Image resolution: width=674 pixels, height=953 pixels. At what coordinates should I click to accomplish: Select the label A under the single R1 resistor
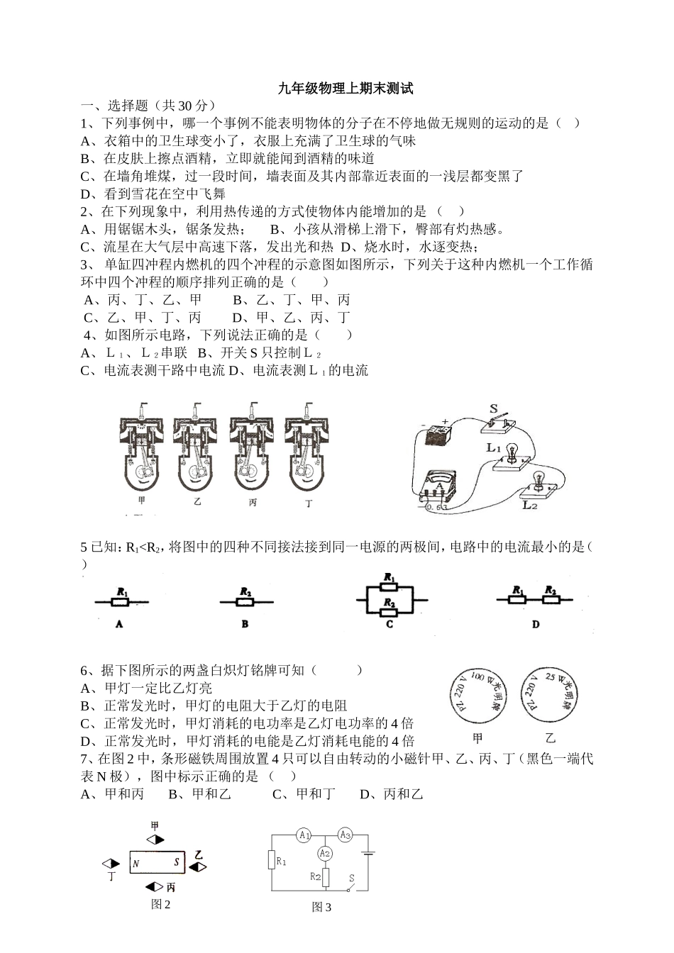click(x=119, y=624)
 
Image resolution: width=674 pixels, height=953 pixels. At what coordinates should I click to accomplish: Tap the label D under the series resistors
click(x=536, y=624)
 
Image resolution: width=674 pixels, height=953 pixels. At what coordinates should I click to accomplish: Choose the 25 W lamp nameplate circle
click(x=546, y=695)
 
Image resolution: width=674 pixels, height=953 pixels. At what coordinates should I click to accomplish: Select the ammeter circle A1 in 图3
click(x=304, y=835)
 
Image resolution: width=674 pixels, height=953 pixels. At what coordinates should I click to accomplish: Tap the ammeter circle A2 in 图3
click(x=324, y=852)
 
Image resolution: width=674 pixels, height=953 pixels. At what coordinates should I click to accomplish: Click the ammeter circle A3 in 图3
click(x=345, y=835)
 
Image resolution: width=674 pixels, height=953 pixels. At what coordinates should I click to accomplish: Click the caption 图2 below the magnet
click(x=161, y=904)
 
